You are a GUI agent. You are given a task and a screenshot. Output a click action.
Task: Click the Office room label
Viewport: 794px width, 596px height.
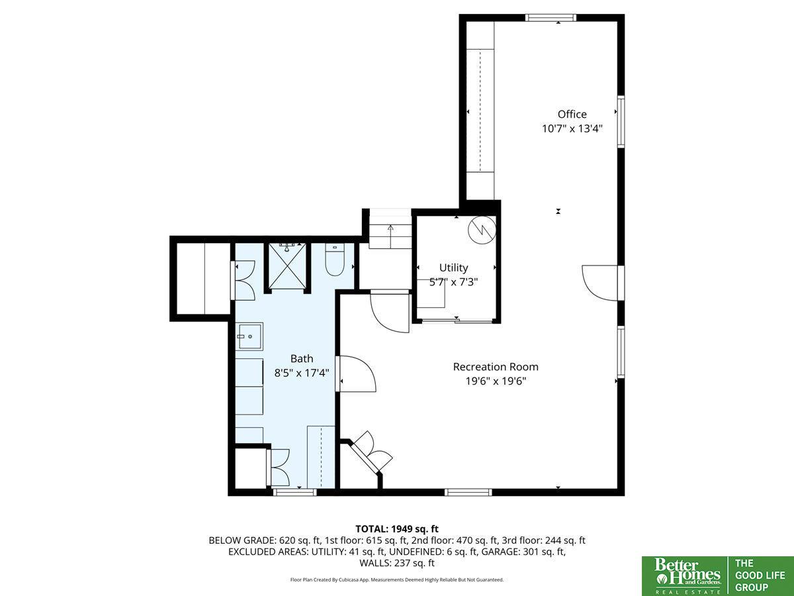(x=572, y=115)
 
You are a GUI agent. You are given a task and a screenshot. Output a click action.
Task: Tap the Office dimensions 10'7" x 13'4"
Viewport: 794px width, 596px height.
(x=572, y=129)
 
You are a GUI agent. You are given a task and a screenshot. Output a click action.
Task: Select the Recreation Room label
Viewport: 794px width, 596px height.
(x=496, y=367)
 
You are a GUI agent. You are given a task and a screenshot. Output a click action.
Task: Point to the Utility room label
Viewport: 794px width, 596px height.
(x=454, y=268)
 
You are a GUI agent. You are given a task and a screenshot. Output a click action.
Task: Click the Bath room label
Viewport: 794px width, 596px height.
(x=302, y=359)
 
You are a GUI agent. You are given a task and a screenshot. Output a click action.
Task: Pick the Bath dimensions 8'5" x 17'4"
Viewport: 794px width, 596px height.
(x=302, y=373)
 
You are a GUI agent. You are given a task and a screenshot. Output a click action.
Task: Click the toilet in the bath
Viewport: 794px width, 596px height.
(x=335, y=260)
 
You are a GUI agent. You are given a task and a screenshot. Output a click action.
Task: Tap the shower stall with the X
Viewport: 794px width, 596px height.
(x=287, y=266)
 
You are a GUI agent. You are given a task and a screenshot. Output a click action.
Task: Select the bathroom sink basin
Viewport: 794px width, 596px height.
(x=249, y=336)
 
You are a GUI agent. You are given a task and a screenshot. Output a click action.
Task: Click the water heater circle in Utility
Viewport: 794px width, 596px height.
(x=482, y=230)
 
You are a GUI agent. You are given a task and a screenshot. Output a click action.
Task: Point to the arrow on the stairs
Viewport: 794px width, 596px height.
(x=390, y=232)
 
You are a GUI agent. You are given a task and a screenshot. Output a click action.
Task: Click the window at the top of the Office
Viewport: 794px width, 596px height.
(x=551, y=17)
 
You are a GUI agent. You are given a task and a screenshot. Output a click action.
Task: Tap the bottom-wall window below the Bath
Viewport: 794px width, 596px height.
(x=294, y=492)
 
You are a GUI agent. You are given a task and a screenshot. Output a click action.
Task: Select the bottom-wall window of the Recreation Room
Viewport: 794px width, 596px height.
(x=468, y=492)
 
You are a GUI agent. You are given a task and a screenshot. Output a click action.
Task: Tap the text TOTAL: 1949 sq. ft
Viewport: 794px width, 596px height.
(x=397, y=529)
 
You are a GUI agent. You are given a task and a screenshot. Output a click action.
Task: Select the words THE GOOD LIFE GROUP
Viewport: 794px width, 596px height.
(x=760, y=575)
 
